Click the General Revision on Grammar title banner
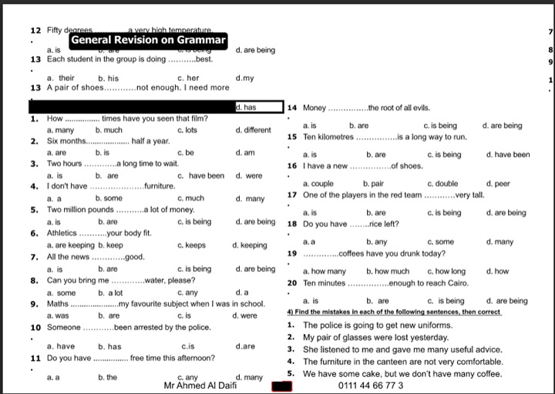tap(148, 40)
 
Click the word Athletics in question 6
tap(62, 233)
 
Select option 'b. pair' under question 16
tap(373, 184)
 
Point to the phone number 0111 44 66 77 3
tap(371, 386)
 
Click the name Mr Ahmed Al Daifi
tap(200, 386)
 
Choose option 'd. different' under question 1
tap(254, 130)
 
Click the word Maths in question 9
tap(58, 304)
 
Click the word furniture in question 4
tap(159, 187)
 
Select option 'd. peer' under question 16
tap(498, 184)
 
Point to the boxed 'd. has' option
tap(246, 108)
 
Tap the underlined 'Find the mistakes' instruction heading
tap(394, 312)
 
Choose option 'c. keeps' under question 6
tap(191, 245)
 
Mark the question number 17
tap(292, 195)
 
